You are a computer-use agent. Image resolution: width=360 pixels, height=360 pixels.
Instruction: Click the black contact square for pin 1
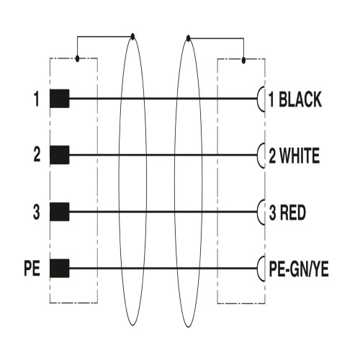coord(60,99)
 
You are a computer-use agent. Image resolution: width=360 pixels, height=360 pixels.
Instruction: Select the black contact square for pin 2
coord(60,155)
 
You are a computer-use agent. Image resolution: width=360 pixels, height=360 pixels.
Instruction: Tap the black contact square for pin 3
coord(60,212)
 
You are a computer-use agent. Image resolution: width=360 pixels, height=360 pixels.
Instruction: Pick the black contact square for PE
coord(60,269)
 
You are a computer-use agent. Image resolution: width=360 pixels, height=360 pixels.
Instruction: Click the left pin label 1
coord(36,99)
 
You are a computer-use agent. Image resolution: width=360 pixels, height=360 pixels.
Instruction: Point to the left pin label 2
coord(37,155)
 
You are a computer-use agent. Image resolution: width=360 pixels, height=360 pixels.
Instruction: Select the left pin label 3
coord(36,212)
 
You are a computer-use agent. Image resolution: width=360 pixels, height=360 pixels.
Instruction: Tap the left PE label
coord(32,269)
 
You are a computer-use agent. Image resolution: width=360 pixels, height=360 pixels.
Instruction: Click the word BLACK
coord(300,99)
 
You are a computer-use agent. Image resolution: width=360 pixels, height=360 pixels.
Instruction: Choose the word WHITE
coord(300,156)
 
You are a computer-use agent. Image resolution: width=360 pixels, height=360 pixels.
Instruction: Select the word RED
coord(293,212)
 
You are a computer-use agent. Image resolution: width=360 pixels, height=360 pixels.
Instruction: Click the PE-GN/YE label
coord(299,269)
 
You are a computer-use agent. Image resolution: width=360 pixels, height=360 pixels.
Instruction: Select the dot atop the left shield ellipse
coord(132,37)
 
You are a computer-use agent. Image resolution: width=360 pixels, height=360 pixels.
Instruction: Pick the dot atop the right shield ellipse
coord(189,38)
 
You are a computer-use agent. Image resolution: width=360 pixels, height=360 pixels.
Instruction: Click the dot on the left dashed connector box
coord(77,58)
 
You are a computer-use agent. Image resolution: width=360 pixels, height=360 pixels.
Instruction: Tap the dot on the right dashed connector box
coord(243,60)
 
